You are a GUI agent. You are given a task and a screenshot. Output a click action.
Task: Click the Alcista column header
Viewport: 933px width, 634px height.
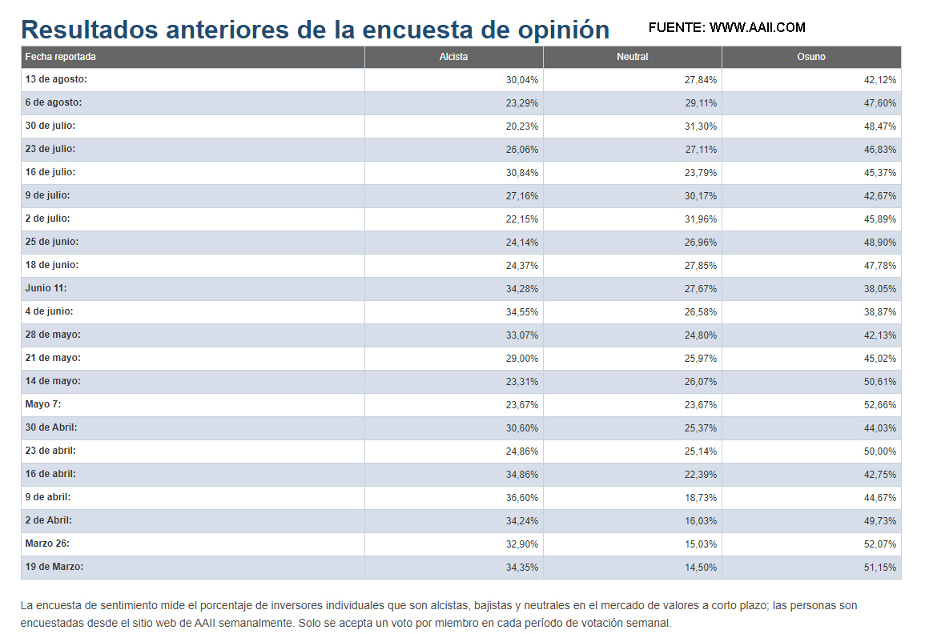click(453, 57)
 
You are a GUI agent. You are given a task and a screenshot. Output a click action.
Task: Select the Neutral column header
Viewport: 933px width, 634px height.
click(632, 57)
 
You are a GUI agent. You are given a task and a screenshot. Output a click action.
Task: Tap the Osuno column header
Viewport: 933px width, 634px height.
click(810, 57)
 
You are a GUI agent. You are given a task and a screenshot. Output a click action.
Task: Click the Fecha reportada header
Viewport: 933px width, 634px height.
click(61, 57)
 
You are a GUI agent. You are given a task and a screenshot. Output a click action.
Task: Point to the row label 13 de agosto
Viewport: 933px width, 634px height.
click(56, 79)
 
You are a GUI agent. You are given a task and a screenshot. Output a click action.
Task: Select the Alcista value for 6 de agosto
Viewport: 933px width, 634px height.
click(522, 103)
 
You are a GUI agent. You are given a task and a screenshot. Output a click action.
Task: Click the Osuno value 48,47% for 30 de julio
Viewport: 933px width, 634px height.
click(880, 126)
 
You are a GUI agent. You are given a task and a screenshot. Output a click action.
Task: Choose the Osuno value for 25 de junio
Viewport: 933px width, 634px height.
click(880, 243)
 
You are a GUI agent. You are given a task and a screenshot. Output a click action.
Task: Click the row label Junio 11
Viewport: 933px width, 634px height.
click(46, 288)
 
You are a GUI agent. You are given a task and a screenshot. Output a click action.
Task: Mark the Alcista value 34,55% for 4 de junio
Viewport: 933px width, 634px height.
click(522, 312)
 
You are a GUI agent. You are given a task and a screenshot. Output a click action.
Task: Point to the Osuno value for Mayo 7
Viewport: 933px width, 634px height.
click(880, 405)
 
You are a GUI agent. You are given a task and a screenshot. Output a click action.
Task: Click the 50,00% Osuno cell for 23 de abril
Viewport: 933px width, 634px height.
click(880, 451)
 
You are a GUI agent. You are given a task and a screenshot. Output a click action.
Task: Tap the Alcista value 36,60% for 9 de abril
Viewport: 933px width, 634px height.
click(522, 498)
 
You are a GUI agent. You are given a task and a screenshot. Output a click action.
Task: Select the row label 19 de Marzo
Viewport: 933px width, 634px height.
click(54, 567)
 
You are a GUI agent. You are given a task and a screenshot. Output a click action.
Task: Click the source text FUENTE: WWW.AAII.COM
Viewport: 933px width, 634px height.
click(726, 27)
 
